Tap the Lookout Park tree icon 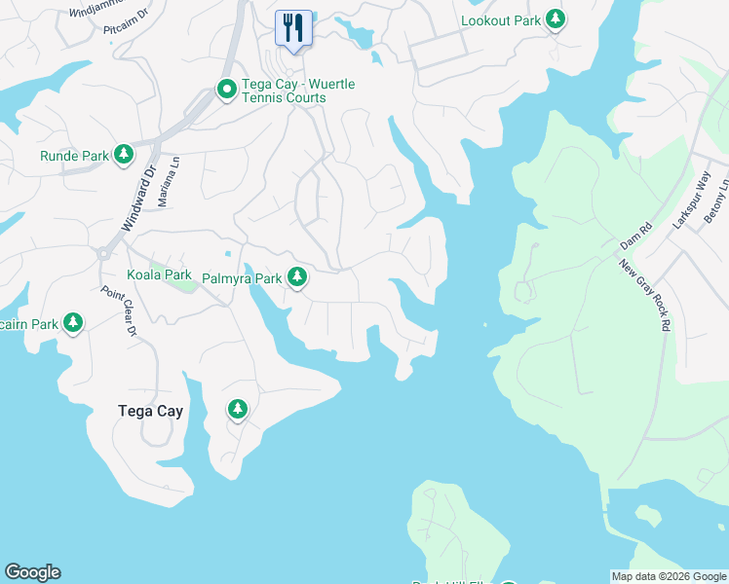click(x=555, y=19)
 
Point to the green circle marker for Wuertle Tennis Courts click(x=226, y=91)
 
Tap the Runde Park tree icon click(x=123, y=155)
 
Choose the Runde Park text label click(x=74, y=156)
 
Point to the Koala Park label click(x=159, y=275)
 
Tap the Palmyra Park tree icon click(x=297, y=279)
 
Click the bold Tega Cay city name click(x=150, y=411)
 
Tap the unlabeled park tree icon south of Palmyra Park click(x=236, y=409)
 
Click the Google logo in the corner click(x=32, y=572)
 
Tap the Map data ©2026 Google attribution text click(x=669, y=576)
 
